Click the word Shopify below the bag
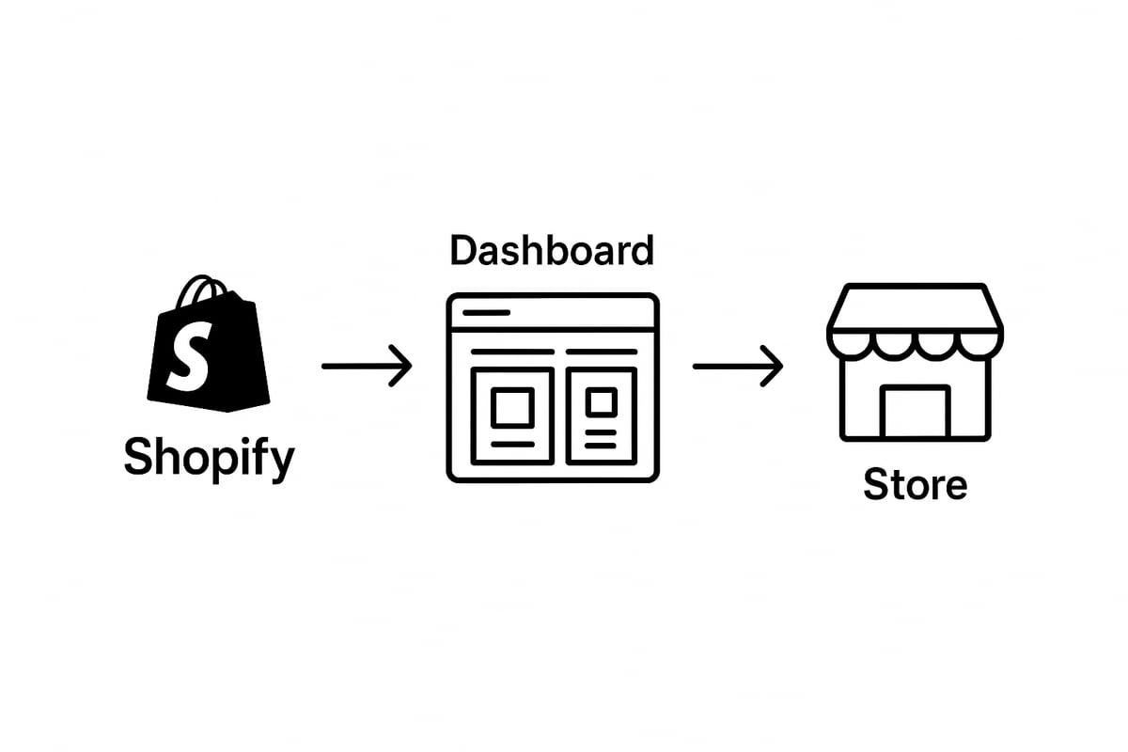209,459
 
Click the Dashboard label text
551,251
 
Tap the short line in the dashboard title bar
487,312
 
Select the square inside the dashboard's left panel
512,408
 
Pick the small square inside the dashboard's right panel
601,402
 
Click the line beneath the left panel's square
512,444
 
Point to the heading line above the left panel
512,352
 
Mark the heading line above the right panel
602,352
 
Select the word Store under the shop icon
915,485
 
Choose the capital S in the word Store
877,485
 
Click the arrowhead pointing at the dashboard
402,366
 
